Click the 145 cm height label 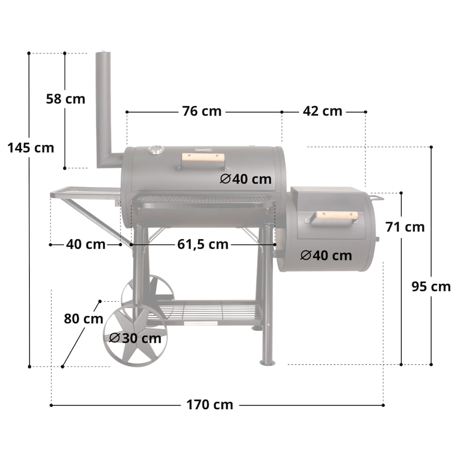click(31, 147)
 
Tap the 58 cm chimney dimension click(65, 99)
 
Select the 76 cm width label click(202, 111)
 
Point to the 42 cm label click(322, 111)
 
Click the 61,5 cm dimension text click(203, 244)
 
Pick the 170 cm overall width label click(209, 405)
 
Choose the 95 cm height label click(431, 286)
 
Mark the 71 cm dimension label click(405, 227)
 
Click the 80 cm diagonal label click(83, 318)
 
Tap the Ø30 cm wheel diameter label click(135, 339)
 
